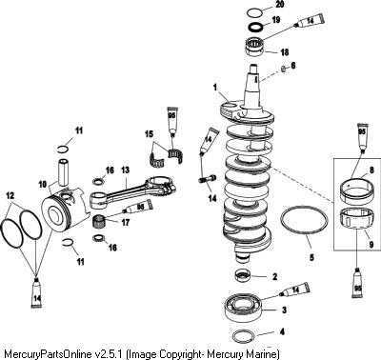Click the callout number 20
tap(280, 4)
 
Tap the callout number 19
tap(276, 20)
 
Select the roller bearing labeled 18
tap(255, 47)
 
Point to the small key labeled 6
tap(284, 69)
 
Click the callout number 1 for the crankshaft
tap(215, 87)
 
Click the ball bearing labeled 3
tap(245, 308)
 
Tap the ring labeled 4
tap(244, 335)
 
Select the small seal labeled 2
tap(243, 275)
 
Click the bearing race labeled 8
tap(354, 190)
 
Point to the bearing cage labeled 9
tap(357, 222)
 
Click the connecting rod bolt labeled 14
tap(208, 180)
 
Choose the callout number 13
tap(125, 170)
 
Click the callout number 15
tap(150, 134)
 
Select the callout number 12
tap(10, 196)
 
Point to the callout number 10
tap(43, 184)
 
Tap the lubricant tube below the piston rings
tap(36, 292)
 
